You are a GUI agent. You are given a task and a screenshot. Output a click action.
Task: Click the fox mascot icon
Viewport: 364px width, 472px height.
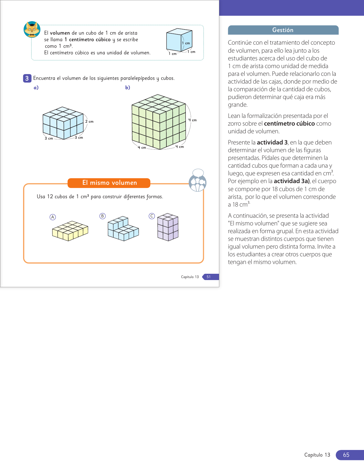32,29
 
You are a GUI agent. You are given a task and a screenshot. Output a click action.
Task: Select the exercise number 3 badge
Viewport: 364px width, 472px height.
27,78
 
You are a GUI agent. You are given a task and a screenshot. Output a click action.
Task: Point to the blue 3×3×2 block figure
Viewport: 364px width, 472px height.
63,123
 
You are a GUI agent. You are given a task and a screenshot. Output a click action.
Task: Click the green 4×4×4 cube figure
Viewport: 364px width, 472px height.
159,122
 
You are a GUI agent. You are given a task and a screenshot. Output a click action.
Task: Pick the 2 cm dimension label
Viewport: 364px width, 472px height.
89,122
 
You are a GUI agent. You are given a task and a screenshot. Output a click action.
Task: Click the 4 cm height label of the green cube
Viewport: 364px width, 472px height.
192,120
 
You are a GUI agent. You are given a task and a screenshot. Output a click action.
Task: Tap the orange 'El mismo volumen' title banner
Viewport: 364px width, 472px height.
109,183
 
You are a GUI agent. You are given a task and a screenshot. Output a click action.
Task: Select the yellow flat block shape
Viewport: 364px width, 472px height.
70,231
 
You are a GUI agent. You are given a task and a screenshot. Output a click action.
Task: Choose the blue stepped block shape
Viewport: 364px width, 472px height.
123,229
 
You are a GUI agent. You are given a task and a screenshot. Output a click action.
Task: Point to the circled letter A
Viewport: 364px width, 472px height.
53,217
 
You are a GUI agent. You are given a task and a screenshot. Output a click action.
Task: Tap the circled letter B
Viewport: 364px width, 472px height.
102,216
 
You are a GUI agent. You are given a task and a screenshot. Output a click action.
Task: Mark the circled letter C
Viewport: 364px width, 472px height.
152,216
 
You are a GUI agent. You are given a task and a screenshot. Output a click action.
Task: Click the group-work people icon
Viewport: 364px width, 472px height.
198,181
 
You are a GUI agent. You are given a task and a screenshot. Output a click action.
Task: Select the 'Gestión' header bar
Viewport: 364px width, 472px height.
283,30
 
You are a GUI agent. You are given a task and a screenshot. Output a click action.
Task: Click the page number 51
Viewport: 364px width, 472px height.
209,277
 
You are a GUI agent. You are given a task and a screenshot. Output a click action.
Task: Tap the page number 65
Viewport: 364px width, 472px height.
346,455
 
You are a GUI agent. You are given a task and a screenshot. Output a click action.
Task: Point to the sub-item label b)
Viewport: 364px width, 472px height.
128,88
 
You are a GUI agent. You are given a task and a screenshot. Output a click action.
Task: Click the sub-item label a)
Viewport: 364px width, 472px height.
36,88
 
